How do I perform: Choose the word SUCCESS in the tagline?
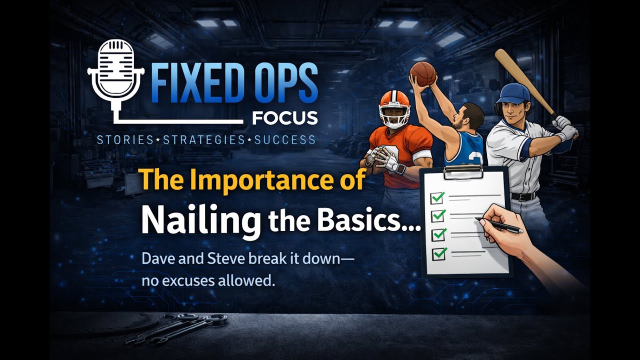(x=284, y=140)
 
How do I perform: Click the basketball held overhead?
(x=422, y=73)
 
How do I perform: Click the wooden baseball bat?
(x=522, y=79)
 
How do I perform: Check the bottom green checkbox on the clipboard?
(x=439, y=253)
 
